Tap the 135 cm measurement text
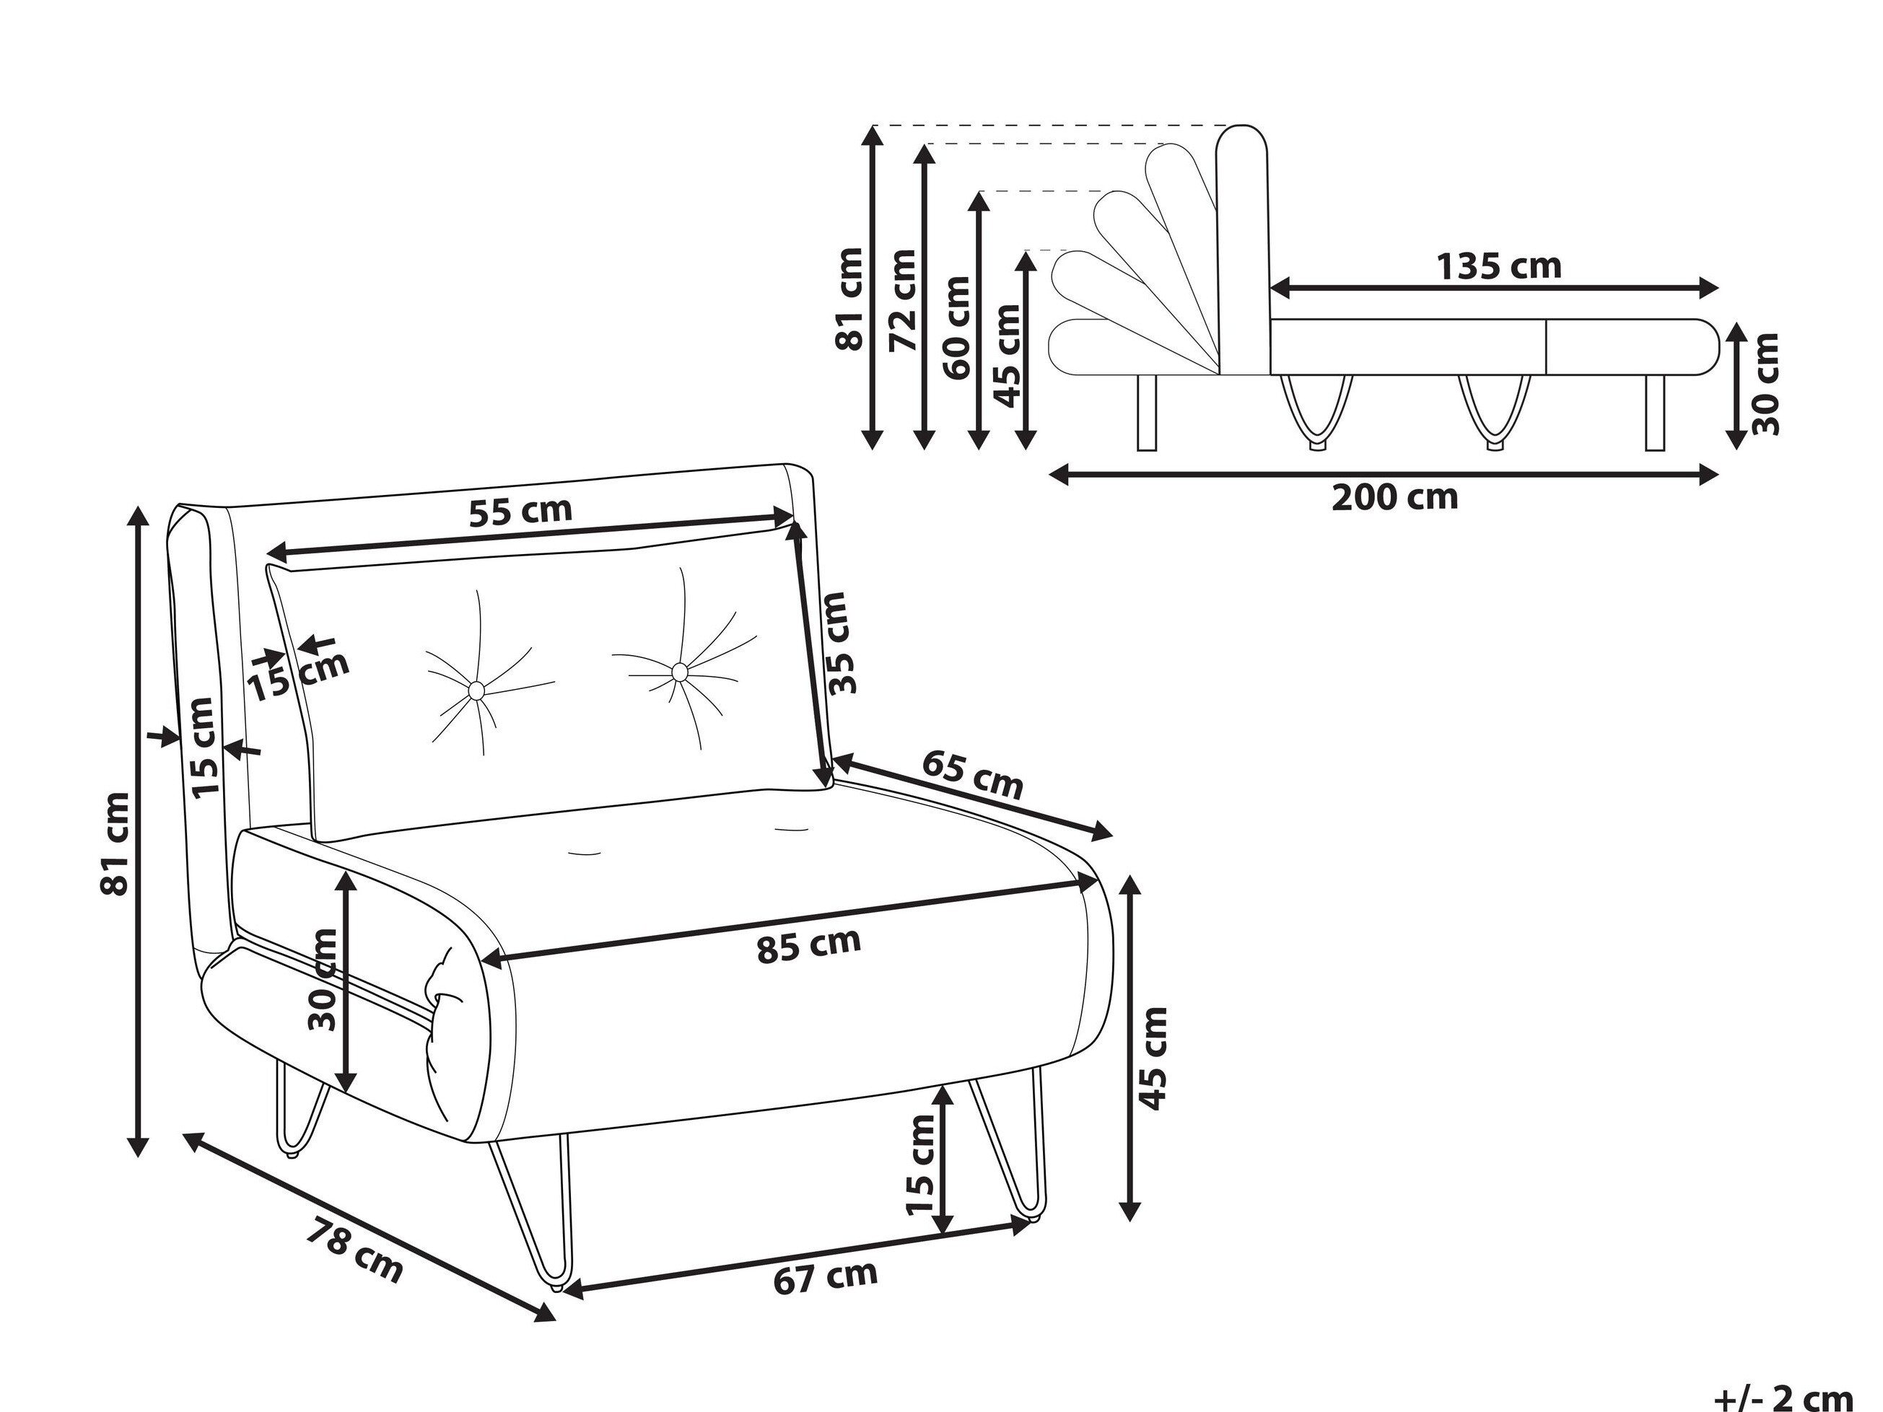(x=1499, y=266)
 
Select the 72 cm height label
(x=901, y=300)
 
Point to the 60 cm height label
(x=957, y=328)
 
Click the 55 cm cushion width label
(x=520, y=512)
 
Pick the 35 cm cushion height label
(x=838, y=644)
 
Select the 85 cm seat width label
(x=809, y=944)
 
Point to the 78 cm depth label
(x=354, y=1250)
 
